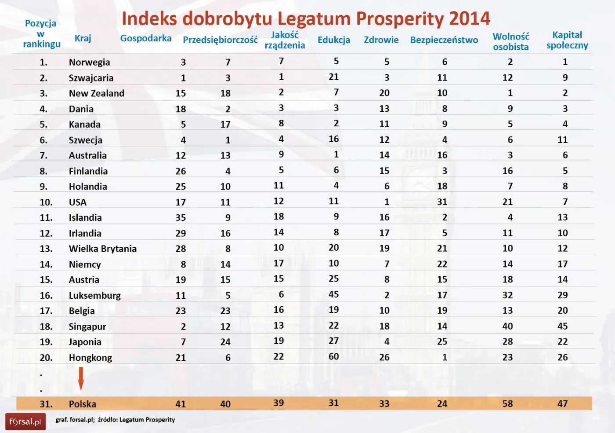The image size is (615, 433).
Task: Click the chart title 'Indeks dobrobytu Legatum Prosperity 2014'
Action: [306, 18]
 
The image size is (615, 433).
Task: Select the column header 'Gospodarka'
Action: [146, 38]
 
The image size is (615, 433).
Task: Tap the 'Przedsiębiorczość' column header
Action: [220, 40]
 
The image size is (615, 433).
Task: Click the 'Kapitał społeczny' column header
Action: [567, 40]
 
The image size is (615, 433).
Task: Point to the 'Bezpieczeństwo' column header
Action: [444, 40]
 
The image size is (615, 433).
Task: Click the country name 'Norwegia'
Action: [89, 62]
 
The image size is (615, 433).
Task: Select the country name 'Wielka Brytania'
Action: [102, 249]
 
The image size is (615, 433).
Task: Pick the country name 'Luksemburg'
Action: [94, 295]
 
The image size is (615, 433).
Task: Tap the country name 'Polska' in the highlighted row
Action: [82, 404]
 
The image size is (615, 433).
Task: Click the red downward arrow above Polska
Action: [81, 378]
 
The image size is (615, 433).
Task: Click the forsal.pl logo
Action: [25, 422]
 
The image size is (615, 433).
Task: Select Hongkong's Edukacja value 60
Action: [333, 356]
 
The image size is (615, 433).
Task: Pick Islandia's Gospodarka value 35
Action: [181, 217]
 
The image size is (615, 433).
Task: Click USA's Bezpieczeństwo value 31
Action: [442, 202]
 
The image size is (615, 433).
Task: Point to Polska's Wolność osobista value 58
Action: [507, 404]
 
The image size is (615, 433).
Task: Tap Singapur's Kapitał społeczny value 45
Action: [562, 326]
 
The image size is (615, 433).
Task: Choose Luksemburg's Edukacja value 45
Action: [333, 294]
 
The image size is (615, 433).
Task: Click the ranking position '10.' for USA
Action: [46, 202]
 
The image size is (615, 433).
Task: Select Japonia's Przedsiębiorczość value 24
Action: [225, 342]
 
